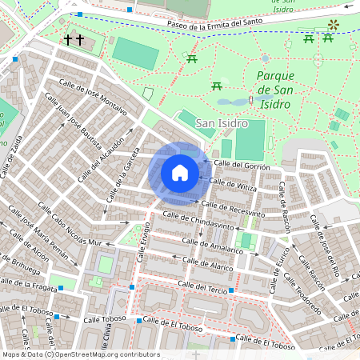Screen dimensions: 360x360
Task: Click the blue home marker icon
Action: tap(180, 173)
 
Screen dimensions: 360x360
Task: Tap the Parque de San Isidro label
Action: tap(279, 88)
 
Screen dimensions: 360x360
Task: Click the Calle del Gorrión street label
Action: tap(241, 164)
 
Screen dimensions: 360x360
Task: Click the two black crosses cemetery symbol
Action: tap(74, 39)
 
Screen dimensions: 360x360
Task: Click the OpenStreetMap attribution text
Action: tap(80, 354)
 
